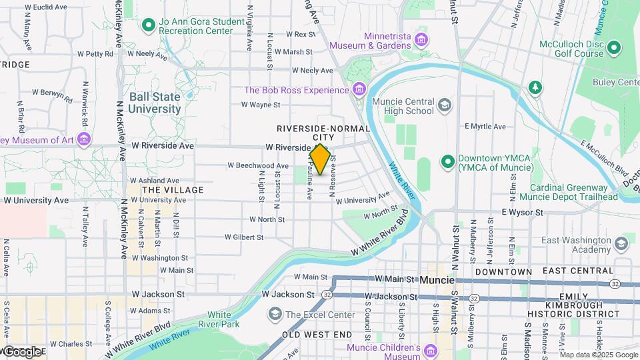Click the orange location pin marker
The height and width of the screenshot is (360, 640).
coord(320,159)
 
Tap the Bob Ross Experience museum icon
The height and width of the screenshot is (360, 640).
coord(359,89)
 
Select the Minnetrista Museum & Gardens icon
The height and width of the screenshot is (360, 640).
coord(421,40)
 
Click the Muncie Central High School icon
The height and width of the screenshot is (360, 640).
coord(445,105)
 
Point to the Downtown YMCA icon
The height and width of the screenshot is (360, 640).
coord(447,161)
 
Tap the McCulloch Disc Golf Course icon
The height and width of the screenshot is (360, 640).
coord(613,47)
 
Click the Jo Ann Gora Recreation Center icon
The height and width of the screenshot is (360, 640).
coord(148,26)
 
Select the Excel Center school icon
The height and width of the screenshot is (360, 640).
coord(275,314)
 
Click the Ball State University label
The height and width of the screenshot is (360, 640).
coord(155,102)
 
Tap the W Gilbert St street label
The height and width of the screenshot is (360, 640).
coord(244,237)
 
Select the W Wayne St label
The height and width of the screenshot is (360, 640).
coord(260,105)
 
